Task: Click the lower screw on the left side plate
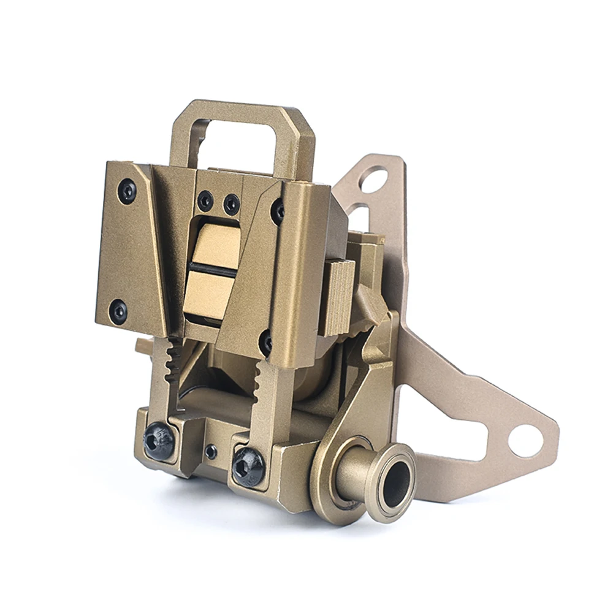pyautogui.click(x=118, y=311)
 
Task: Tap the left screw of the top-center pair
pyautogui.click(x=205, y=200)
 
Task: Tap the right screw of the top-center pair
pyautogui.click(x=231, y=204)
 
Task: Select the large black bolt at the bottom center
pyautogui.click(x=248, y=466)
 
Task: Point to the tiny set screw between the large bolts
pyautogui.click(x=211, y=452)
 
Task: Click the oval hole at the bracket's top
pyautogui.click(x=374, y=180)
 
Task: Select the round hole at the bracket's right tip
pyautogui.click(x=525, y=441)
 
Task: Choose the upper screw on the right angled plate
pyautogui.click(x=278, y=211)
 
